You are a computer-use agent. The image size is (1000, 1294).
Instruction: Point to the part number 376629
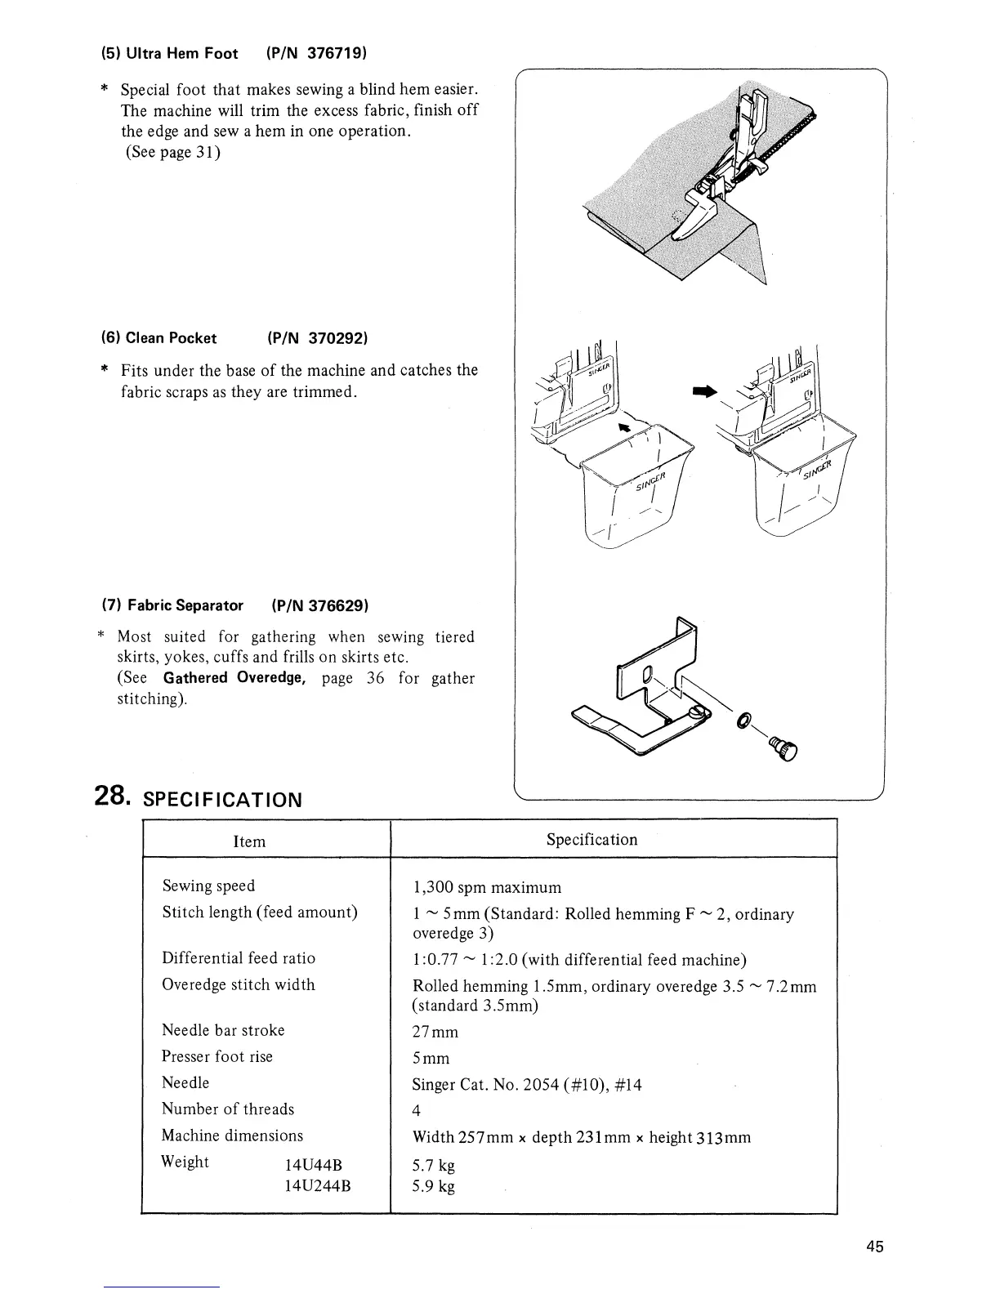[338, 605]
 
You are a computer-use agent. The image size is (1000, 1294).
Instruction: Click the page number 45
[875, 1247]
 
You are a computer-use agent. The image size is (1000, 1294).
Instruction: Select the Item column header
[249, 841]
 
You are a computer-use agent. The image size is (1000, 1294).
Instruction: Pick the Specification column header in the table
[592, 840]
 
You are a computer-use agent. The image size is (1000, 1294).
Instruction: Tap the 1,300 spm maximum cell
[488, 887]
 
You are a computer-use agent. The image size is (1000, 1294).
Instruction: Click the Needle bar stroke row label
[223, 1030]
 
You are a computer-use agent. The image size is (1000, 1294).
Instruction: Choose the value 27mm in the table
[435, 1032]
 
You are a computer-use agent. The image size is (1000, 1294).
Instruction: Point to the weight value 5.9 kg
[434, 1186]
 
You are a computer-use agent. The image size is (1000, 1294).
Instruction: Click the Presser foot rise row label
[217, 1056]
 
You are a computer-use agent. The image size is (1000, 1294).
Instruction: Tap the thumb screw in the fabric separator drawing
[788, 748]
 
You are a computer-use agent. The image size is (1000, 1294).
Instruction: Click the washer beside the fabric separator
[744, 720]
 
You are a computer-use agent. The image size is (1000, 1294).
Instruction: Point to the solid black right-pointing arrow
[704, 392]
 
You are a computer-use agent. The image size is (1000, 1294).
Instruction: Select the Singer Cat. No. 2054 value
[527, 1085]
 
